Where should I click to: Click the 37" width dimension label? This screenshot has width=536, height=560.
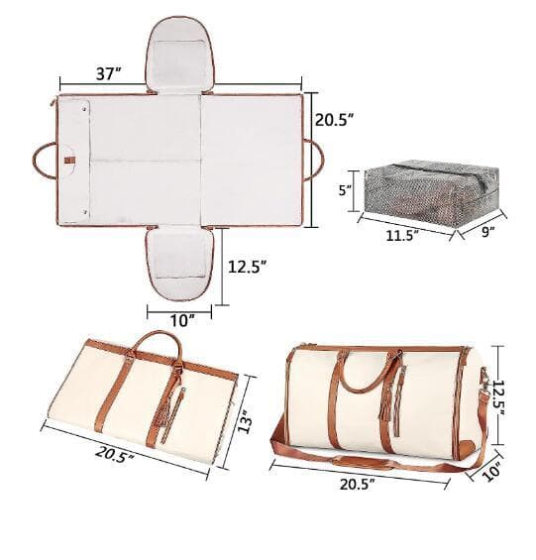[109, 73]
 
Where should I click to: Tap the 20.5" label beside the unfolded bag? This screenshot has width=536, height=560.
[334, 120]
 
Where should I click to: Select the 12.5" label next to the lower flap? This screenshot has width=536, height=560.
[248, 267]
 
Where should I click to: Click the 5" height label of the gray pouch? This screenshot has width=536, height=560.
[345, 190]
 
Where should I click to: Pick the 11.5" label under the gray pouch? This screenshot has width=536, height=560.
[402, 235]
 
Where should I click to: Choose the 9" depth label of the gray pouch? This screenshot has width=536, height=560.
[488, 232]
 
